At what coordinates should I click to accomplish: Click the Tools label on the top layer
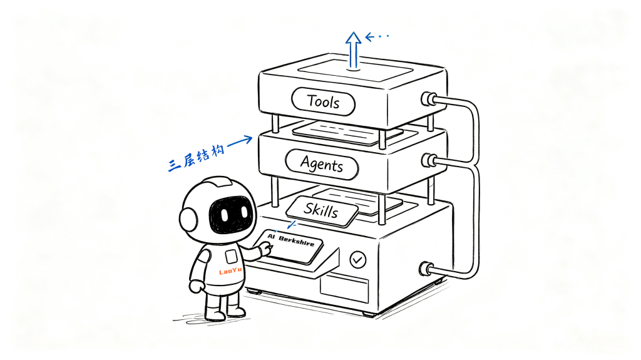coord(323,101)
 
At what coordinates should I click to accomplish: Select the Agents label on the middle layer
coord(322,165)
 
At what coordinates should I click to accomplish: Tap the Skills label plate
coord(322,211)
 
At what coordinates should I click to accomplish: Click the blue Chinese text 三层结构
coord(197,158)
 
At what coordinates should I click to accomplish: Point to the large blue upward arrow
coord(353,50)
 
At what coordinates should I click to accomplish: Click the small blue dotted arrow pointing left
coord(376,37)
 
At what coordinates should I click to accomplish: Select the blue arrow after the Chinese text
coord(240,141)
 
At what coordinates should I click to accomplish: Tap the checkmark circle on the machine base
coord(358,260)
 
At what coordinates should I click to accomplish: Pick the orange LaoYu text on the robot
coord(230,271)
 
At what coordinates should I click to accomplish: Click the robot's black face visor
coord(229,213)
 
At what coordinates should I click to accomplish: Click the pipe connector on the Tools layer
coord(428,99)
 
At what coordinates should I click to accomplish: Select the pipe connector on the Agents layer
coord(428,160)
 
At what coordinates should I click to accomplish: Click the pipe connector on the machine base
coord(426,269)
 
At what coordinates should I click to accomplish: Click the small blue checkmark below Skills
coord(292,225)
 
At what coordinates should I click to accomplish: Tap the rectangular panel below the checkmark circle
coord(344,289)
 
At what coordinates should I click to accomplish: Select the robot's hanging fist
coord(196,286)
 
